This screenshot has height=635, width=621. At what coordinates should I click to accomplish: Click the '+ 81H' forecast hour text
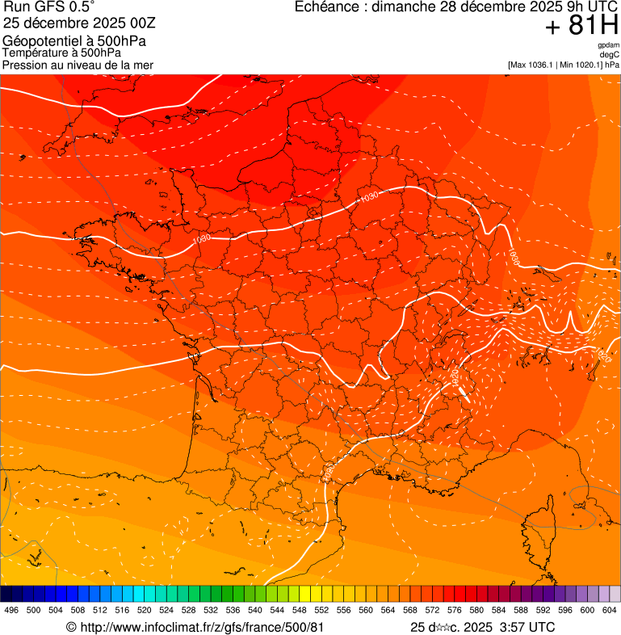581,26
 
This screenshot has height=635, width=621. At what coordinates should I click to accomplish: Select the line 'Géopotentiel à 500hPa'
74,41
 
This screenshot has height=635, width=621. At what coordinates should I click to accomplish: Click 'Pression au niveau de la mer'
78,65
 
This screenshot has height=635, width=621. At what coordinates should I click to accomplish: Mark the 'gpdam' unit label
608,45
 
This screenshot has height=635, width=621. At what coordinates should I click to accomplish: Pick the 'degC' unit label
610,54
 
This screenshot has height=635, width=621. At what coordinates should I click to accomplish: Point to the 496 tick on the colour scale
11,610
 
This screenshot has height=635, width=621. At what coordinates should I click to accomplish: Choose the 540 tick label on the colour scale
255,610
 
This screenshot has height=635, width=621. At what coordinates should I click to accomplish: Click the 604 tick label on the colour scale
609,610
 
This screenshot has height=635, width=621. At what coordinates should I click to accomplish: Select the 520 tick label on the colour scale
145,610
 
